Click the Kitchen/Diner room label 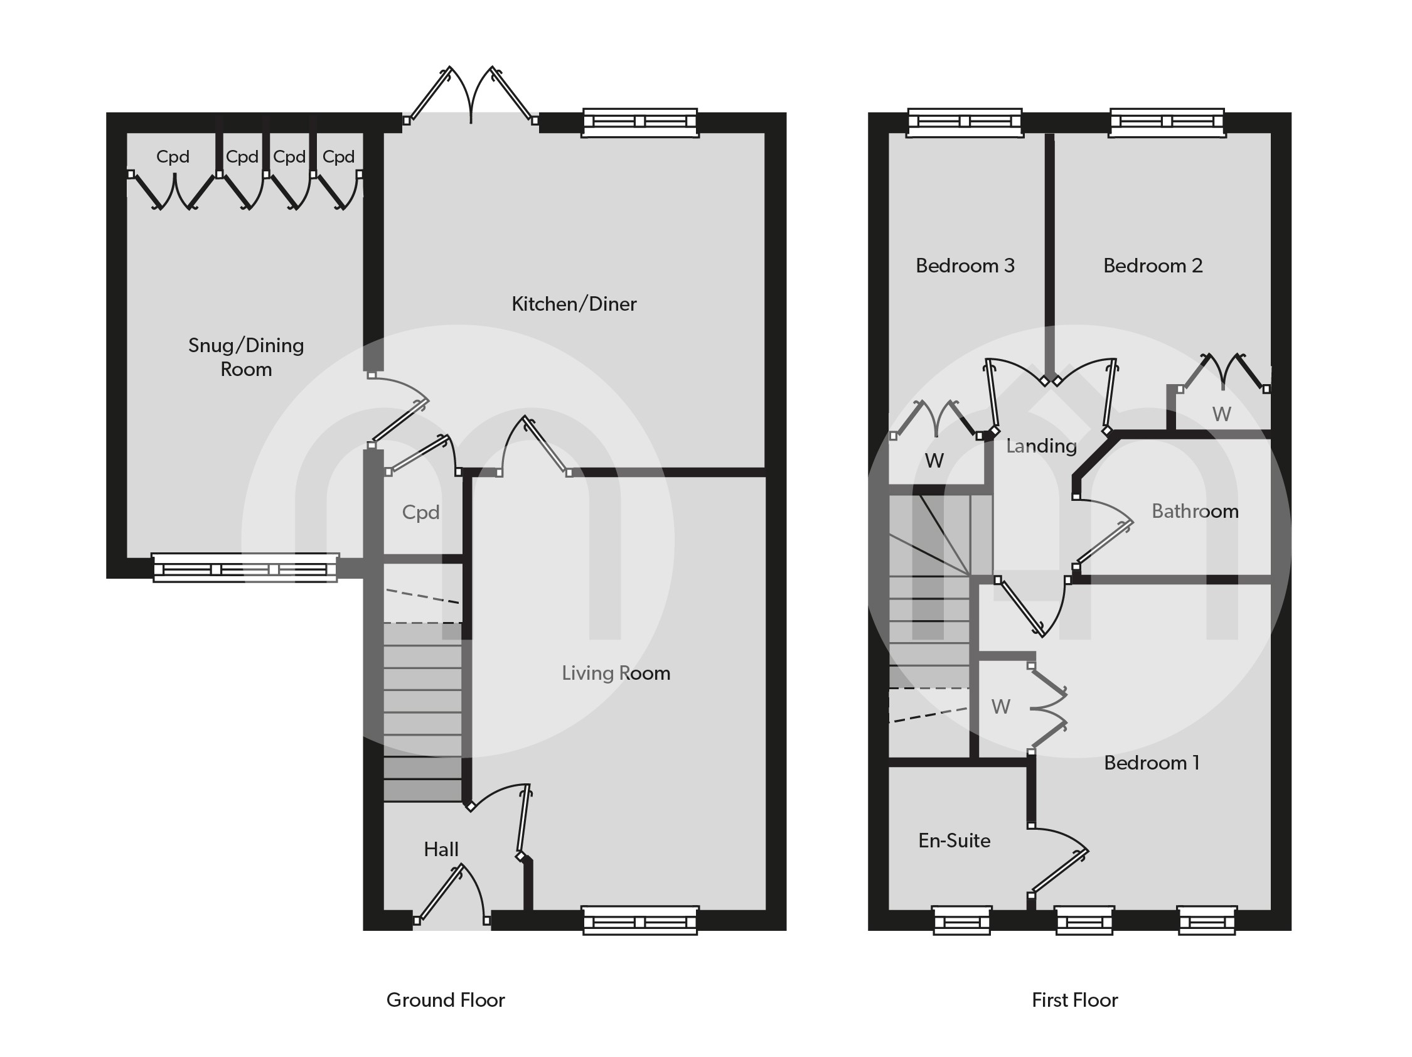coord(573,304)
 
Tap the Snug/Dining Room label coord(246,357)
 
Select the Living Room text coord(616,673)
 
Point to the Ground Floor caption coord(445,999)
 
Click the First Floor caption coord(1074,999)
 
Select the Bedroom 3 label coord(965,266)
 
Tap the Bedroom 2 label coord(1152,266)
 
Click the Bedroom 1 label coord(1152,763)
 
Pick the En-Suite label coord(954,840)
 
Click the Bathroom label coord(1194,512)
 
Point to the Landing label coord(1040,446)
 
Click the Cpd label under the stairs coord(420,513)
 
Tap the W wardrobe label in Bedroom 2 coord(1221,414)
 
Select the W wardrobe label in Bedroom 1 coord(1000,707)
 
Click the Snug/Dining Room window coord(245,567)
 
